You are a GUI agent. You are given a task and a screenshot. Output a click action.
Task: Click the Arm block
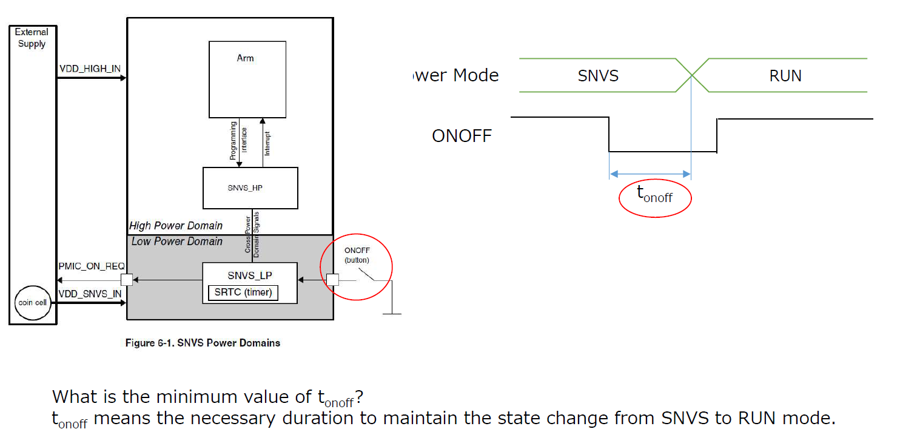coord(247,79)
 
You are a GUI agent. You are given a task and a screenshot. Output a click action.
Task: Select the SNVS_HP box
coord(250,188)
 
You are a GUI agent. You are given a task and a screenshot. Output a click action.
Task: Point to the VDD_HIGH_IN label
coord(90,69)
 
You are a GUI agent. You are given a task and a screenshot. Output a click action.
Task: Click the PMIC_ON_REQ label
coord(92,266)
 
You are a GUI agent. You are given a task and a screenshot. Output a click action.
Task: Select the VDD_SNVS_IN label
coord(90,294)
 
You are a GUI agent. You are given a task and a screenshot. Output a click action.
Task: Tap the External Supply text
coord(32,38)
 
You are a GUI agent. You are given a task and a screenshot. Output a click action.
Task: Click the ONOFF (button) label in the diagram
coord(357,255)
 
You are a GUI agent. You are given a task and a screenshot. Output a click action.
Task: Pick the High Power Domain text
coord(176,226)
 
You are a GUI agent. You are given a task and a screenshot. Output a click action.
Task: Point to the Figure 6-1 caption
coord(203,343)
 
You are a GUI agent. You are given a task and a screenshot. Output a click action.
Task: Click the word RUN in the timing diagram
coord(785,76)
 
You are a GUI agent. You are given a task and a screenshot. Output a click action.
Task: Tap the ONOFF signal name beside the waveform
coord(462,135)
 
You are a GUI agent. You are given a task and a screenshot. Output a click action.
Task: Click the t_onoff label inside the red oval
coord(654,195)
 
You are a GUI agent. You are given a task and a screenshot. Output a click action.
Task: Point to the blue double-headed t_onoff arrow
coord(650,174)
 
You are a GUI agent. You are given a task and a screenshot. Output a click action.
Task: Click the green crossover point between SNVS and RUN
coord(691,75)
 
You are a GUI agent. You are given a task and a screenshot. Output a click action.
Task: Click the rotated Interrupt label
coord(267,143)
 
